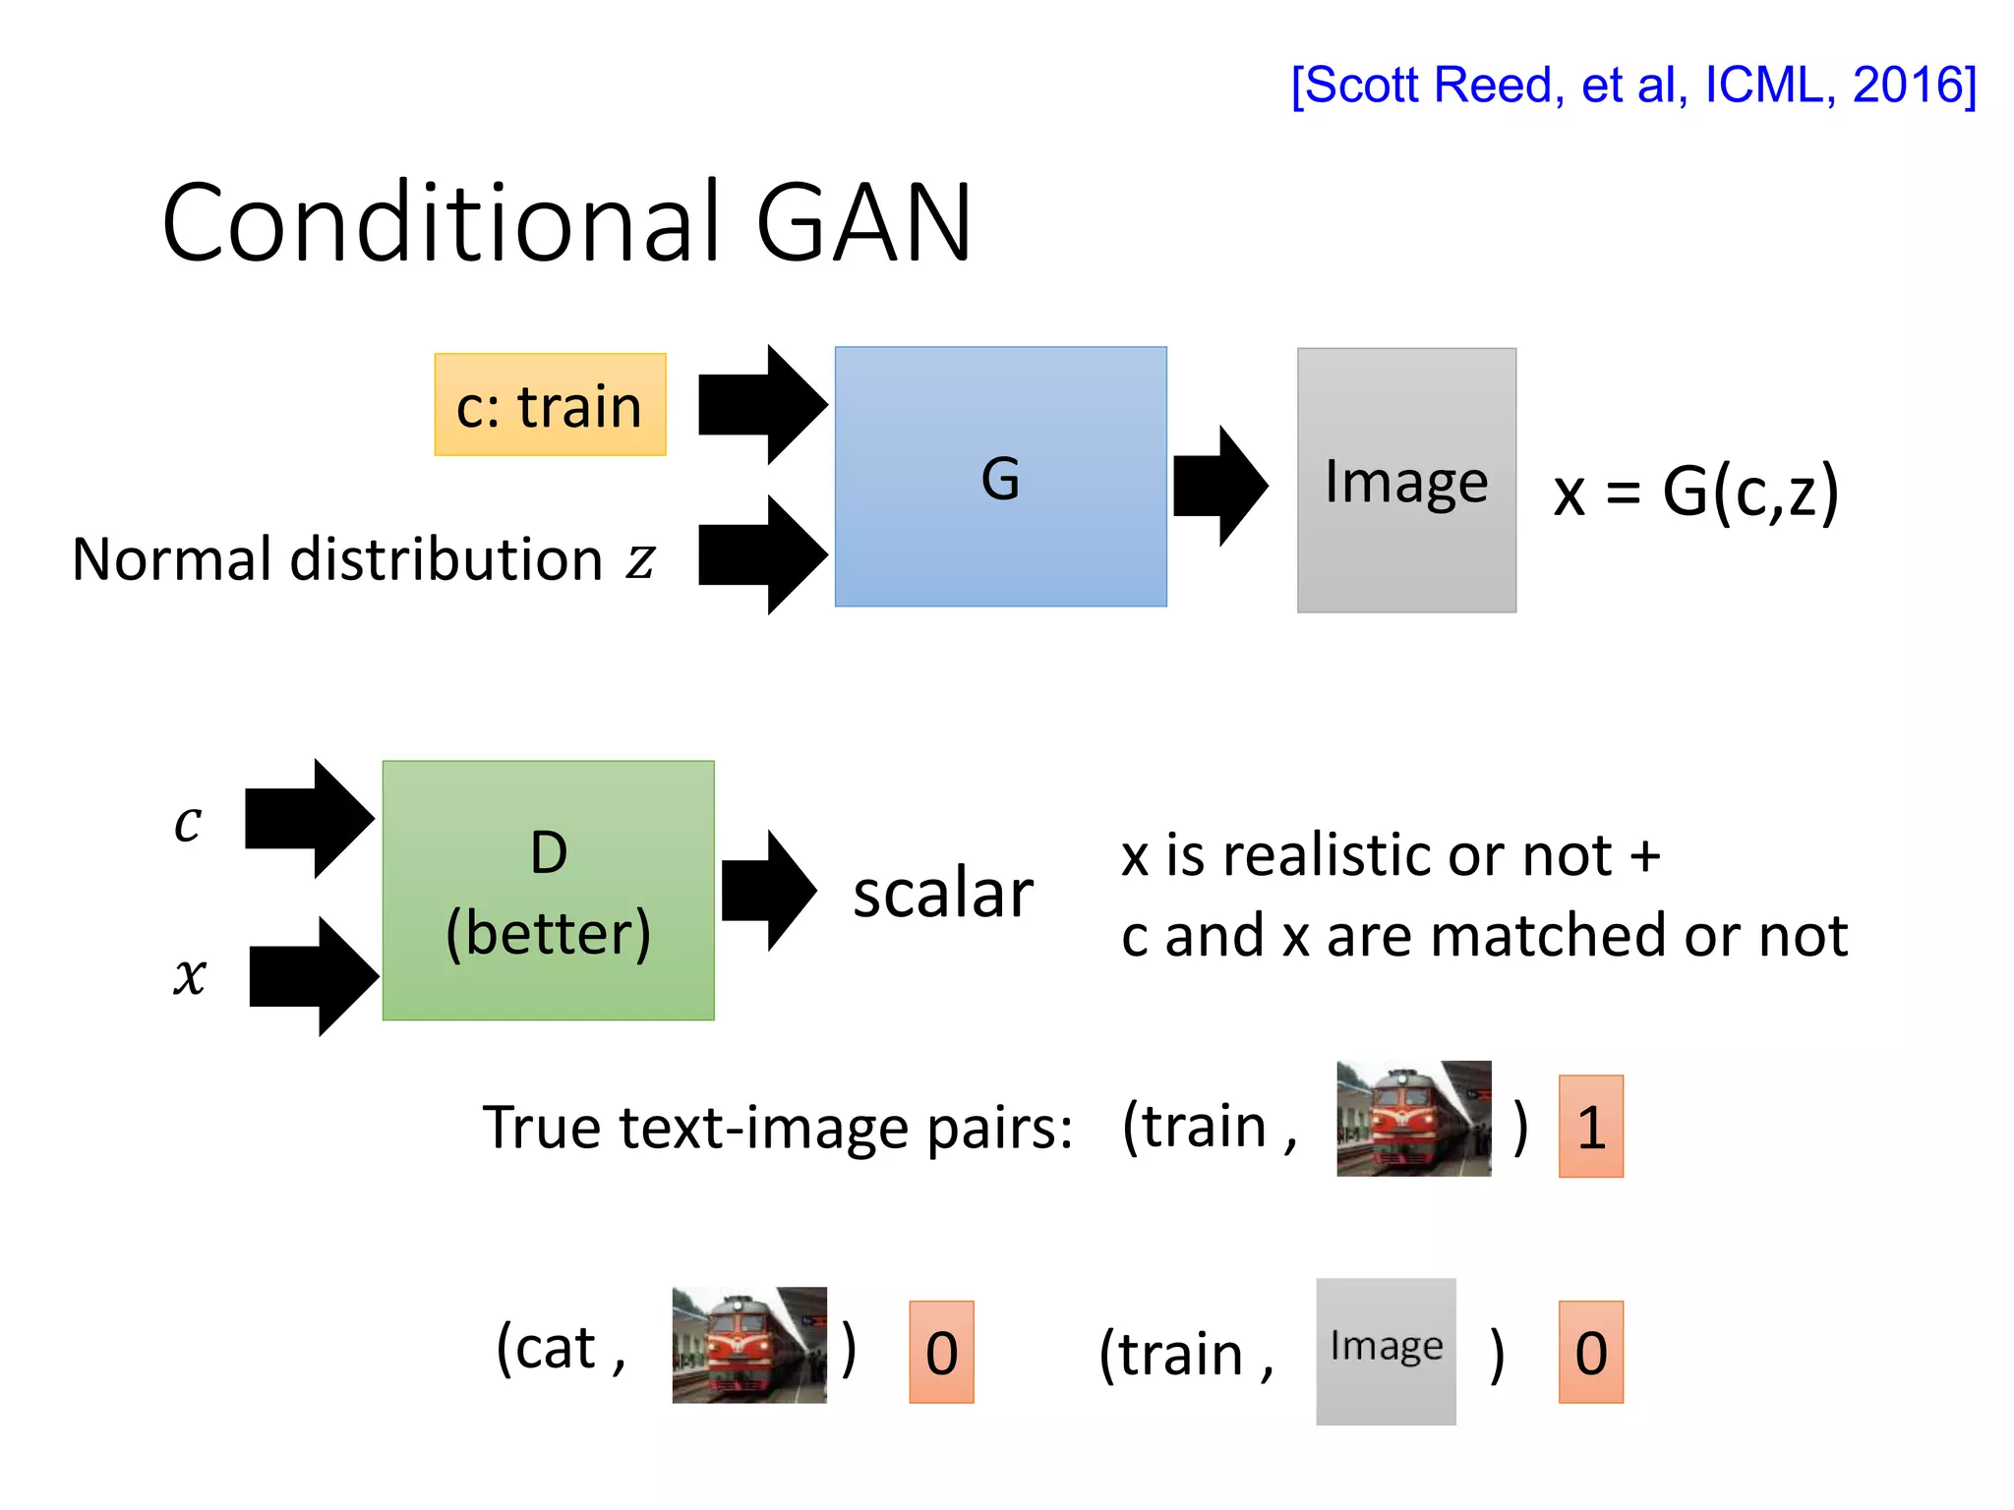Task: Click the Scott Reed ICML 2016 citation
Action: (1632, 86)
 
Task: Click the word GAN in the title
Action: (863, 224)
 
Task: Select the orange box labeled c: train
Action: (550, 405)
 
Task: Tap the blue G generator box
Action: (1000, 477)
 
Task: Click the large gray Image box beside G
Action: (1405, 481)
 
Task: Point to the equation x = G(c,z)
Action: (1695, 491)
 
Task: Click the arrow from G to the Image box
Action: (1219, 486)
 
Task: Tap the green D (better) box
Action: (548, 891)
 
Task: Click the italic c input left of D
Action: (188, 822)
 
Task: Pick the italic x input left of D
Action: (190, 976)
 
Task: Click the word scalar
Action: (942, 894)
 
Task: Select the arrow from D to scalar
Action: (768, 891)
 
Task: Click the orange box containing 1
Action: (1590, 1127)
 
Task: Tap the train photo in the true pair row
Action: (1413, 1119)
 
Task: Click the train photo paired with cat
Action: (748, 1345)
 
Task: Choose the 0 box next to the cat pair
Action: (941, 1353)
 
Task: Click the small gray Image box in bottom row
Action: (1386, 1351)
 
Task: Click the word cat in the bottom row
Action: (556, 1348)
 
